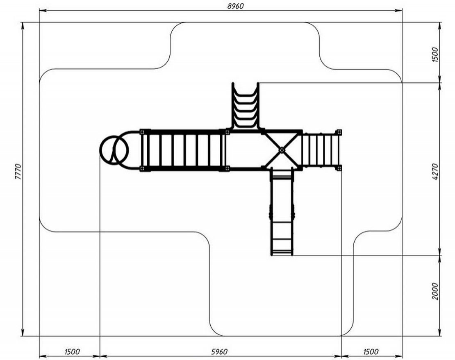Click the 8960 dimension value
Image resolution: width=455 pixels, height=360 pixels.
pyautogui.click(x=235, y=6)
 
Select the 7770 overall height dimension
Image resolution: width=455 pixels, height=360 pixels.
pyautogui.click(x=18, y=172)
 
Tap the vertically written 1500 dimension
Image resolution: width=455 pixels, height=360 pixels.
pyautogui.click(x=435, y=54)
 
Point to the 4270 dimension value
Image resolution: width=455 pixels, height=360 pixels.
pyautogui.click(x=435, y=172)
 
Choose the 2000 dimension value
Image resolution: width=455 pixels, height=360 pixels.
pyautogui.click(x=435, y=291)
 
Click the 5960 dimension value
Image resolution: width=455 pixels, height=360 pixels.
pyautogui.click(x=219, y=351)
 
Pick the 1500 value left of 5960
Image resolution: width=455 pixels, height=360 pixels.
pyautogui.click(x=72, y=351)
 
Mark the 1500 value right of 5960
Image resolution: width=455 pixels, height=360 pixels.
pyautogui.click(x=371, y=351)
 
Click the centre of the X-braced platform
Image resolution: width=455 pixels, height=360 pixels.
pyautogui.click(x=282, y=150)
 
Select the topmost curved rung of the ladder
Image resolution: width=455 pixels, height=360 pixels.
pyautogui.click(x=246, y=95)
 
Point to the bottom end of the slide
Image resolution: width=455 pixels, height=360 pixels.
pyautogui.click(x=282, y=254)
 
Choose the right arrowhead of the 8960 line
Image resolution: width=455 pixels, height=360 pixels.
pyautogui.click(x=398, y=11)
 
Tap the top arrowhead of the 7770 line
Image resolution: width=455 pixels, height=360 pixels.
pyautogui.click(x=23, y=26)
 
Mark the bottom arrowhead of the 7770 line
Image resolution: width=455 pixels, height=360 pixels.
pyautogui.click(x=23, y=333)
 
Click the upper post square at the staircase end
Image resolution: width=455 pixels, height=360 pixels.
pyautogui.click(x=339, y=132)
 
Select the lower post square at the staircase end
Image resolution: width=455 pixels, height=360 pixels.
pyautogui.click(x=339, y=168)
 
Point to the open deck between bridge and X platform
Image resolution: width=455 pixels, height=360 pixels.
pyautogui.click(x=245, y=150)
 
